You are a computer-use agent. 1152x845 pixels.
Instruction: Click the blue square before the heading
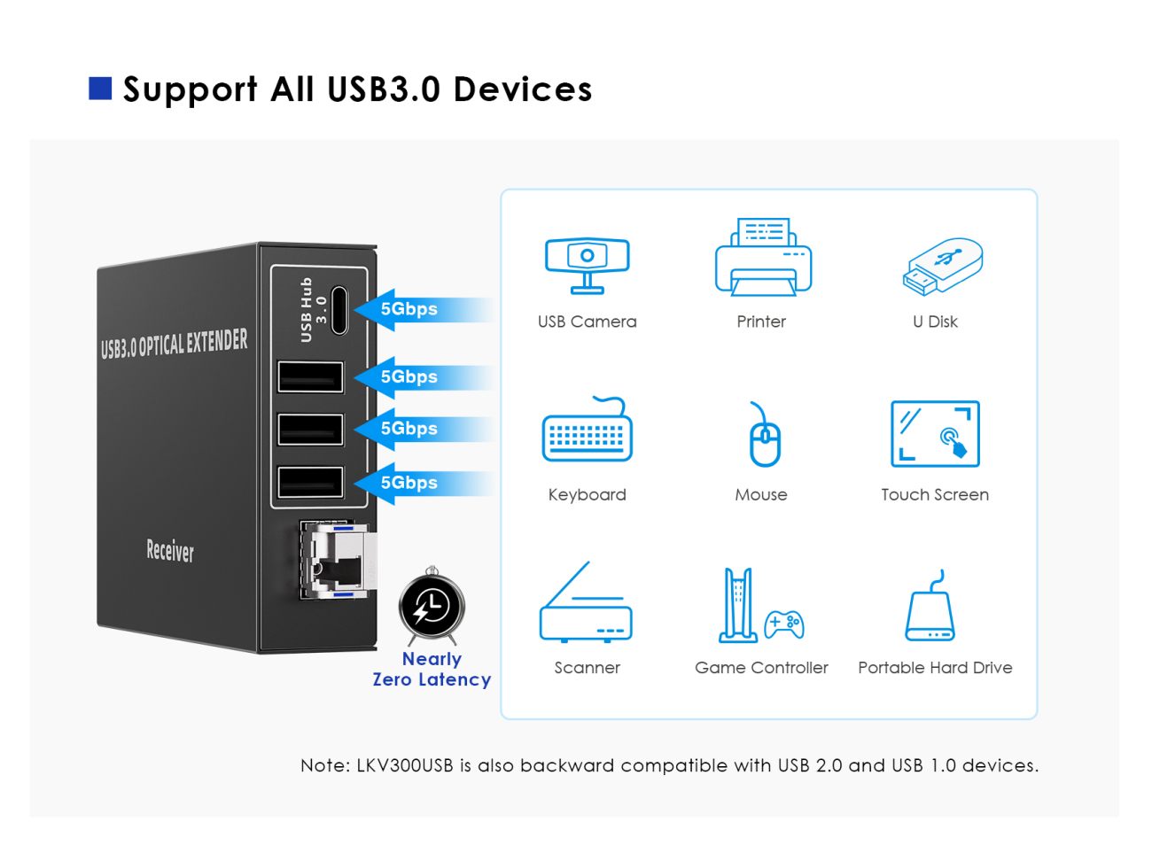(x=100, y=88)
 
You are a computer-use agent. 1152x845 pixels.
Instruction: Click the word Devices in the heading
(x=523, y=89)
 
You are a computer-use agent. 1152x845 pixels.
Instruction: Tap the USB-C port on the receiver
(x=339, y=310)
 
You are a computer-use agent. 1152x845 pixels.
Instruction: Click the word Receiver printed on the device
(x=170, y=550)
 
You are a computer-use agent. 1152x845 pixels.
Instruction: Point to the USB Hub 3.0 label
(x=313, y=310)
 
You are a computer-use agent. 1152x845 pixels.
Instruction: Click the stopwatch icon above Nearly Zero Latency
(x=432, y=606)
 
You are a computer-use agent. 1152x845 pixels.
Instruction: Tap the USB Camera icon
(x=587, y=266)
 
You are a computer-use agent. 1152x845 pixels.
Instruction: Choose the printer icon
(x=763, y=257)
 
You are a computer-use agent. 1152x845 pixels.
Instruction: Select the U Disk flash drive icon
(x=943, y=267)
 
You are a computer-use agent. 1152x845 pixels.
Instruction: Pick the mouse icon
(x=764, y=434)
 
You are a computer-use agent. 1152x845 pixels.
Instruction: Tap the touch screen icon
(x=935, y=434)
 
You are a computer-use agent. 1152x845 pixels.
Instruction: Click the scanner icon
(x=586, y=602)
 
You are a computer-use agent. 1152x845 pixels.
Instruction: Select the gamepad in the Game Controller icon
(x=783, y=624)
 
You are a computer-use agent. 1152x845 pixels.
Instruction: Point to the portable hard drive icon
(x=930, y=606)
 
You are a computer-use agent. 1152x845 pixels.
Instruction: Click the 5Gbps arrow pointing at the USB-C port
(x=424, y=310)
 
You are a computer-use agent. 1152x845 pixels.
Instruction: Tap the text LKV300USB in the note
(x=405, y=765)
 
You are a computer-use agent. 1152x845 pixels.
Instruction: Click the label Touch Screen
(x=935, y=494)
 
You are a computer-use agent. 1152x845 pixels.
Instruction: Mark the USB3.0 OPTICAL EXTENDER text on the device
(x=174, y=344)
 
